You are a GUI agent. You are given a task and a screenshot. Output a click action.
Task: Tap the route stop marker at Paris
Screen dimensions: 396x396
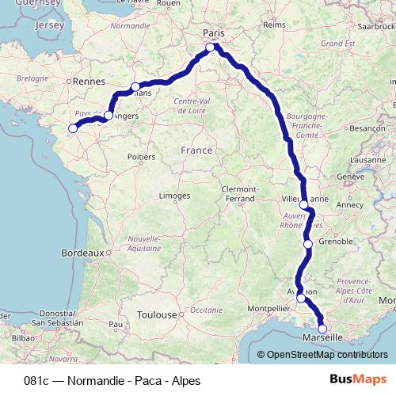[211, 48]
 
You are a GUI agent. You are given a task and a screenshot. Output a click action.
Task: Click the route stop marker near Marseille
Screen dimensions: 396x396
[322, 329]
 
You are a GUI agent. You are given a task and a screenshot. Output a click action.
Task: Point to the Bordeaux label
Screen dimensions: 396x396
[82, 253]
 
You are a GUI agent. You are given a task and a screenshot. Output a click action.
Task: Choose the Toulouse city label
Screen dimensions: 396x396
[155, 314]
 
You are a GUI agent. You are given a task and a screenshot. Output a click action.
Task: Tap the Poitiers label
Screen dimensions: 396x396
[141, 157]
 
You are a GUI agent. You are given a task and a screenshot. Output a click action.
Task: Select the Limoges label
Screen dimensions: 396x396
[174, 195]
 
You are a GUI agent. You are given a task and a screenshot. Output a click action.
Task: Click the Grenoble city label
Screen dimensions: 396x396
[334, 241]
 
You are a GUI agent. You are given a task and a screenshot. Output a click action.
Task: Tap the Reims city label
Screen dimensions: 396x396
[273, 25]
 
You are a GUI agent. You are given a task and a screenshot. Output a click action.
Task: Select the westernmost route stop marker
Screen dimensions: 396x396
[73, 128]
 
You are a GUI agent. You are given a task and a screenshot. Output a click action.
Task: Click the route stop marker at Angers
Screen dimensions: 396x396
[109, 116]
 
